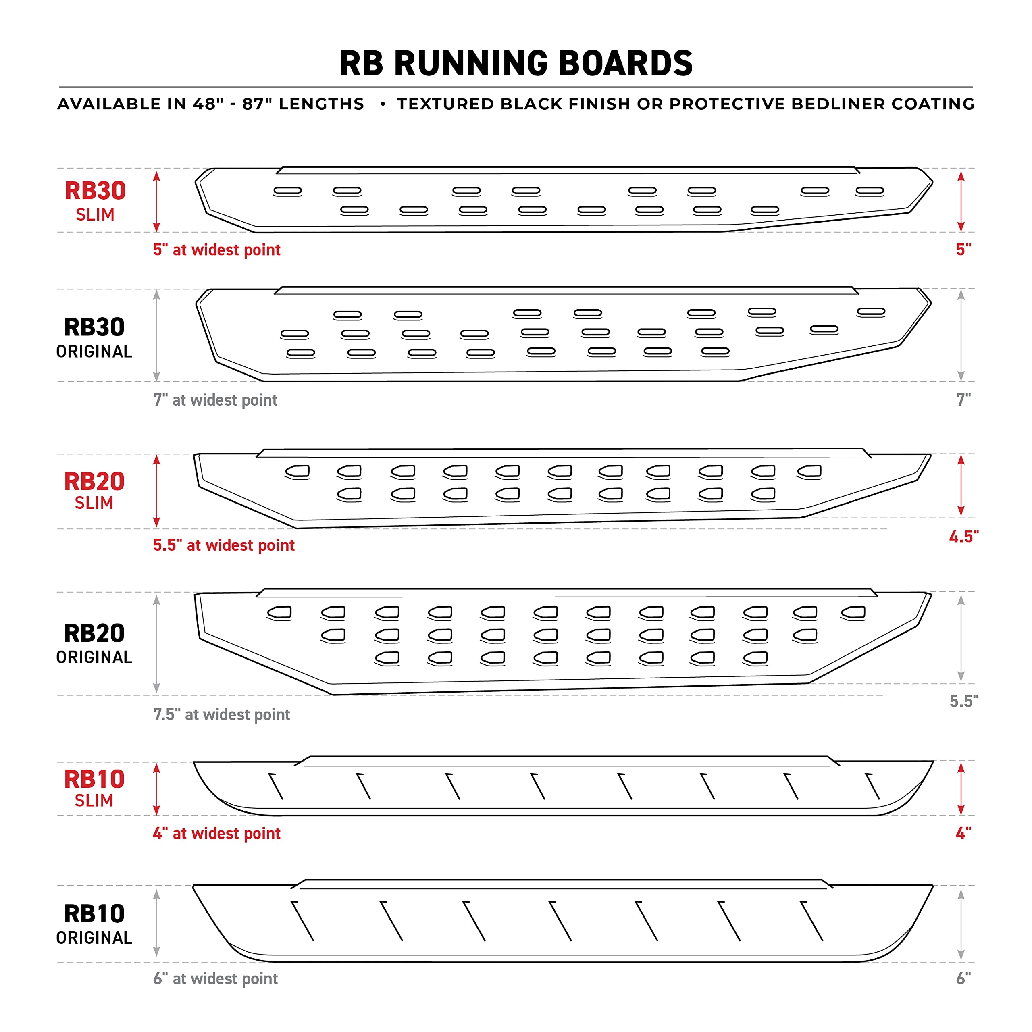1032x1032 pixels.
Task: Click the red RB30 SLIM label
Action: click(x=95, y=201)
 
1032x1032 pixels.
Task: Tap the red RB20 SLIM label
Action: click(x=95, y=490)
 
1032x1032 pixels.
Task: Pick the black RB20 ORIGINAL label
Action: click(x=95, y=643)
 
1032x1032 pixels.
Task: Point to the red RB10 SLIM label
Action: click(x=95, y=788)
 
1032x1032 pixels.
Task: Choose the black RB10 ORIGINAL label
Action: click(x=95, y=924)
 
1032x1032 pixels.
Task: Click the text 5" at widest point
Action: click(x=217, y=250)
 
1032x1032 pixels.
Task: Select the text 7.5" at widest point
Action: click(x=222, y=714)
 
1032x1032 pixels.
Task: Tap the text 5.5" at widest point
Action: click(x=224, y=545)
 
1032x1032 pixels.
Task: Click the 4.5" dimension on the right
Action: click(x=963, y=536)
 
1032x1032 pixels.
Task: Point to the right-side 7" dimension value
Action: click(x=963, y=399)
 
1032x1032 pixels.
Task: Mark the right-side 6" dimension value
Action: click(x=963, y=978)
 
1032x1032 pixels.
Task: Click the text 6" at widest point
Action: click(x=216, y=978)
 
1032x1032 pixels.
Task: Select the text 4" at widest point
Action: click(x=217, y=833)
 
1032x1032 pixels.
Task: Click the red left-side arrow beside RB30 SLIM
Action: click(x=156, y=202)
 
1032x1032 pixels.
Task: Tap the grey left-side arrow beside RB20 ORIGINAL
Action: click(x=156, y=644)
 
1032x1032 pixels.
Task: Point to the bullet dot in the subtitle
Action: click(x=383, y=104)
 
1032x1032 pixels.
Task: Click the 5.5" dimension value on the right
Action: click(x=963, y=701)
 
